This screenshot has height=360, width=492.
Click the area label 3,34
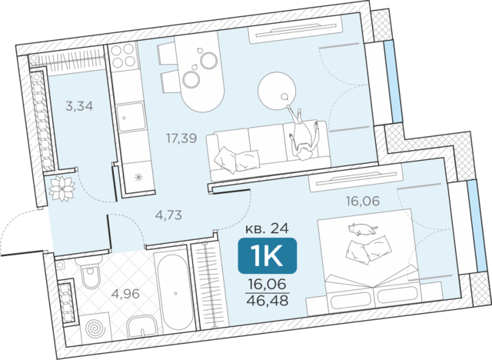(79, 106)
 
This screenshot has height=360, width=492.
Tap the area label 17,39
(181, 138)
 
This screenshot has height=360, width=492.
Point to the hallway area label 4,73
(168, 215)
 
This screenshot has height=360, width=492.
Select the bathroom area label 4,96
(125, 294)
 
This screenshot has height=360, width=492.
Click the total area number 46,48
(268, 301)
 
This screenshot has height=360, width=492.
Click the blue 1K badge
(268, 255)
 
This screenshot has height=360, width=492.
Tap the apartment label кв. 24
(267, 228)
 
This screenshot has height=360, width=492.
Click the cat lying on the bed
(362, 228)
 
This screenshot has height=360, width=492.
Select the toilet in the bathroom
(91, 275)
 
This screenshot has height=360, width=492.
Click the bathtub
(175, 292)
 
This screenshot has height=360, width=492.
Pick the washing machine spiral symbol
(94, 328)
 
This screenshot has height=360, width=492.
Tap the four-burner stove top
(123, 55)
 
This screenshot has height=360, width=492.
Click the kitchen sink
(131, 116)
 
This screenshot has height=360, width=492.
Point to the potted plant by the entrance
(61, 188)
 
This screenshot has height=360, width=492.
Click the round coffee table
(277, 91)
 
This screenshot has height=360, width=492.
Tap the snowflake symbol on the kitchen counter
(138, 178)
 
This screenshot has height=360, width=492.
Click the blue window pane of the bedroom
(474, 226)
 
